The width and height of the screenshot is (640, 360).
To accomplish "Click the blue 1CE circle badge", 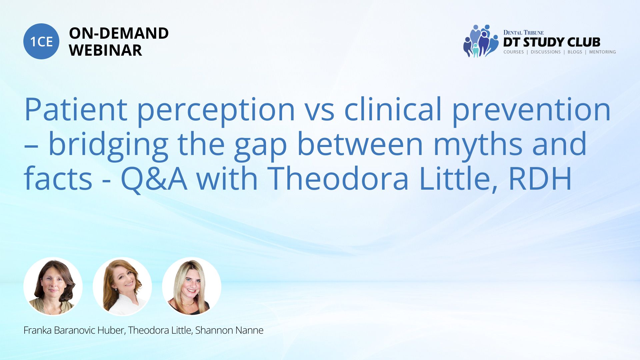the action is (x=41, y=41).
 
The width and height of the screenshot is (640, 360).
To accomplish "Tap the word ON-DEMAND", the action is (x=119, y=33).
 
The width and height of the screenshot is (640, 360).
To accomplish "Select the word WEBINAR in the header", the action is (x=105, y=50).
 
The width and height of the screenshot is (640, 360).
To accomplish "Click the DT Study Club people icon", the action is (x=481, y=41).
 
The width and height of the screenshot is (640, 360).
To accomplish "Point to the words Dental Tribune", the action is (x=523, y=33).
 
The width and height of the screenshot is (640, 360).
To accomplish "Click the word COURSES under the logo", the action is (x=513, y=52).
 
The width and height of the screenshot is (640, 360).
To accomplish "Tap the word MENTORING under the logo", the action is (x=602, y=52).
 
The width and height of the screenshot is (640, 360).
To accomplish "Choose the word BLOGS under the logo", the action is (x=575, y=52).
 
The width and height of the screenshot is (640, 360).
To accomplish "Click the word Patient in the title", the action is (x=76, y=109).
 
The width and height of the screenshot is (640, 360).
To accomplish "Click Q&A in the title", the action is (x=154, y=179).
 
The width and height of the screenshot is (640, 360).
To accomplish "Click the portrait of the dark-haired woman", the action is (x=53, y=286).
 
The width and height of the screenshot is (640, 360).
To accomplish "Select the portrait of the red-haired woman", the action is (x=122, y=286).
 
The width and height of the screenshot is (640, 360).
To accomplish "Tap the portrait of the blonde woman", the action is (x=192, y=286).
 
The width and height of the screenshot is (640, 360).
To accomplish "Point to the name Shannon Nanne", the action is (x=229, y=330).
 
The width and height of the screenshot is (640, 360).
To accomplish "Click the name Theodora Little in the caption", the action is (x=160, y=330).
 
